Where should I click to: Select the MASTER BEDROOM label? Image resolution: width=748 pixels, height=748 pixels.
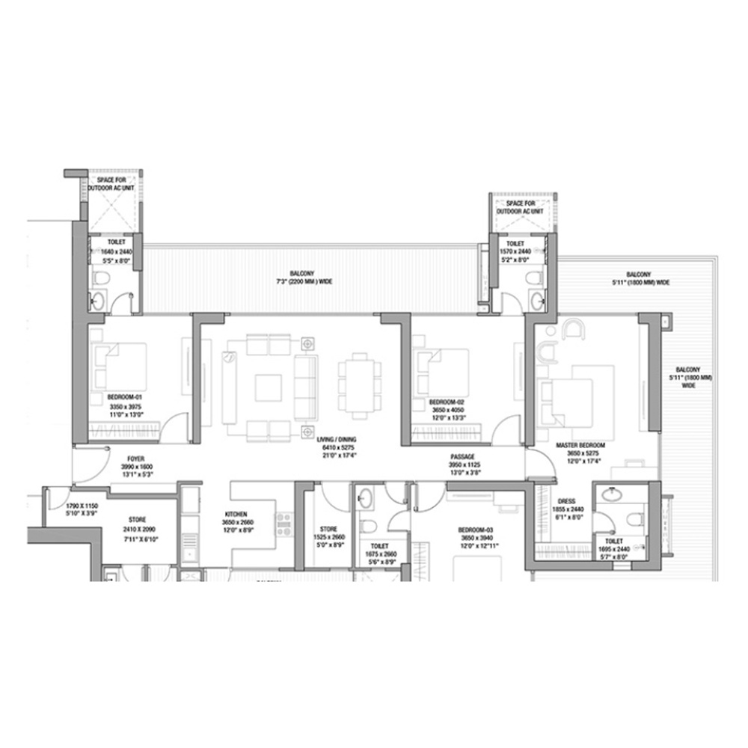pyautogui.click(x=580, y=445)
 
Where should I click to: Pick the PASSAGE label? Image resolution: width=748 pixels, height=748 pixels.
pyautogui.click(x=462, y=456)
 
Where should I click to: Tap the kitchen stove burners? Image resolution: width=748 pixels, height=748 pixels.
pyautogui.click(x=284, y=524)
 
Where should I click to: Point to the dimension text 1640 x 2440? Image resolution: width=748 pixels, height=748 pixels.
pyautogui.click(x=115, y=252)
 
